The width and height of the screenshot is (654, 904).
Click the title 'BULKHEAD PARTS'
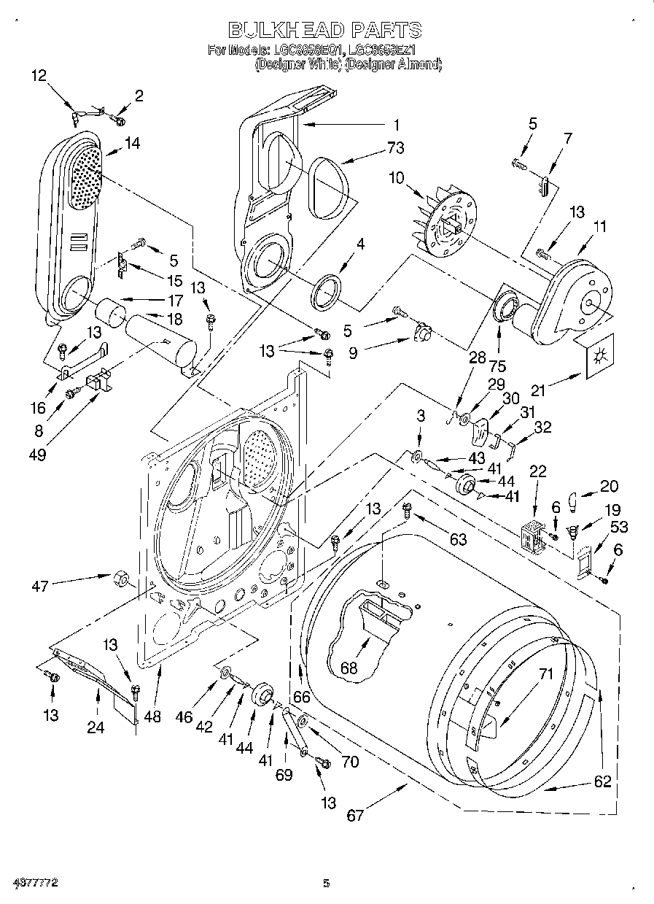point(325,30)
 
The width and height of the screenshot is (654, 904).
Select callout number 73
point(395,149)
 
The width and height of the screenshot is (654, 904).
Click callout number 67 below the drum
point(355,815)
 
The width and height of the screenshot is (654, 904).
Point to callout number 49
point(37,455)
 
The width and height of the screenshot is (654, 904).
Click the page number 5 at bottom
point(327,884)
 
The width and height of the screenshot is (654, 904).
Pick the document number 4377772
point(30,884)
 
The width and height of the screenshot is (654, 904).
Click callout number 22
point(538,472)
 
